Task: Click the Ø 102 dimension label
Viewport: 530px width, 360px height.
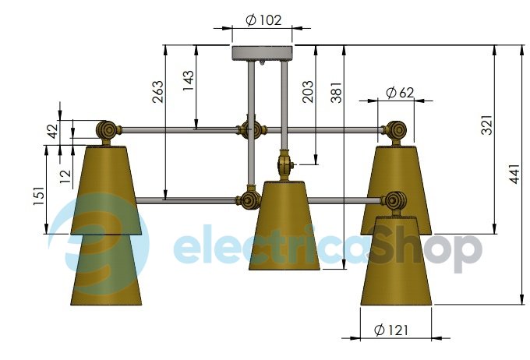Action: click(x=263, y=20)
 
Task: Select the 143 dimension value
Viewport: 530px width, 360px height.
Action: click(x=189, y=80)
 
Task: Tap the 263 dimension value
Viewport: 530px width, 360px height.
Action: click(x=157, y=92)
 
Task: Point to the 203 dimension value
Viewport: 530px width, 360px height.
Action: click(x=308, y=91)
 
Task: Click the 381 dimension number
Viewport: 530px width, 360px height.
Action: click(x=337, y=92)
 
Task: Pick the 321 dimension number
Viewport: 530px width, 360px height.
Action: click(x=486, y=125)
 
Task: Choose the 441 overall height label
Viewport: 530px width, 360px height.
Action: click(x=514, y=174)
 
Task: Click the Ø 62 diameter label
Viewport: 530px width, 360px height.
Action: click(x=400, y=92)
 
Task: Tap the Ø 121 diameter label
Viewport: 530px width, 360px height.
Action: click(x=391, y=330)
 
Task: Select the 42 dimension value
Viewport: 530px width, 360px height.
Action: click(x=52, y=131)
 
